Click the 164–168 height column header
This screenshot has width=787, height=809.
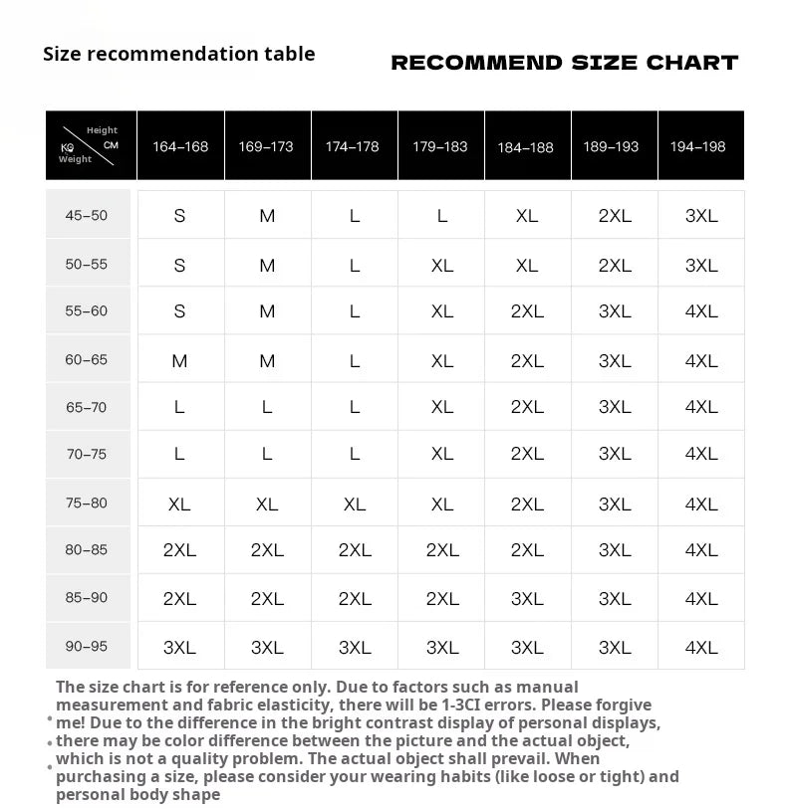click(180, 146)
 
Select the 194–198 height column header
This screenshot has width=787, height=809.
click(697, 146)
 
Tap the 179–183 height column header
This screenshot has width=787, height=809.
click(440, 146)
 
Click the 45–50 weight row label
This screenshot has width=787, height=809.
click(86, 215)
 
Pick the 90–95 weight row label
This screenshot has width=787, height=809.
click(86, 647)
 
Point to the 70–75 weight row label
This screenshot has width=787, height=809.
click(86, 454)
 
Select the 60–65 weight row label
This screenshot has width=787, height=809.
click(86, 360)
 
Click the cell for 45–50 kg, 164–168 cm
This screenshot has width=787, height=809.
click(179, 215)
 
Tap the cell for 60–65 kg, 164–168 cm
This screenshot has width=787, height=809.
click(179, 361)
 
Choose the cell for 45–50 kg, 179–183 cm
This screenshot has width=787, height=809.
click(442, 215)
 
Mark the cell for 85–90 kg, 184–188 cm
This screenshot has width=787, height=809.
click(527, 599)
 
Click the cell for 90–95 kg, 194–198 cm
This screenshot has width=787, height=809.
click(701, 648)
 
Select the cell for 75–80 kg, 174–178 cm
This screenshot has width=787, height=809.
click(355, 505)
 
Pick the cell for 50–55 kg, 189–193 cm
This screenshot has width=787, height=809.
click(615, 266)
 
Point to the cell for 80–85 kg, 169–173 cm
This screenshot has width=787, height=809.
click(267, 550)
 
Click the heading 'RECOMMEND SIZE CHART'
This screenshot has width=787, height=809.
click(564, 63)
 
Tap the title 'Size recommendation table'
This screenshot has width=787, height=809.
click(179, 54)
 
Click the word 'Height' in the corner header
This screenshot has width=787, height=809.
click(102, 130)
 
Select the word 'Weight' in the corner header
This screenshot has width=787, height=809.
click(75, 159)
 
